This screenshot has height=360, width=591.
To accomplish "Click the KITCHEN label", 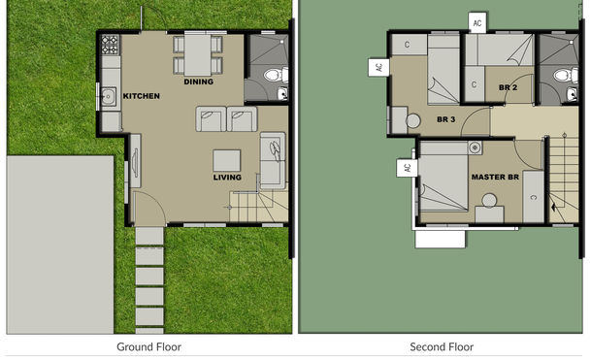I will [x=141, y=95].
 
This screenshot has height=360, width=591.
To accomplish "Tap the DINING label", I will [x=198, y=82].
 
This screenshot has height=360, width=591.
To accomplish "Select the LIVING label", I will [x=227, y=178].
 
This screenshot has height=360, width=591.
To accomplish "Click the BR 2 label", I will [x=507, y=87].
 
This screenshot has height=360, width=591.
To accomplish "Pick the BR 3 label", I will [x=446, y=119].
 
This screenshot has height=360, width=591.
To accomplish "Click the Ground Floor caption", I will [x=148, y=346].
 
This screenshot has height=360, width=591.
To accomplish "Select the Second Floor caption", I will [x=442, y=346].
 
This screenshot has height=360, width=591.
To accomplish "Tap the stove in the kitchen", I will [x=111, y=45].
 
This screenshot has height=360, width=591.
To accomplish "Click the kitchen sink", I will [x=109, y=95].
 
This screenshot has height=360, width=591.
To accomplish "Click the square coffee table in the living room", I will [x=227, y=160].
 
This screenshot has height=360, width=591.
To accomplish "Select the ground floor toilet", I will [x=273, y=74].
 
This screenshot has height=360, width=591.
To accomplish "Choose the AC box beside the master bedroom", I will [x=405, y=168].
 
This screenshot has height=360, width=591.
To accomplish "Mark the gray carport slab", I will [x=60, y=244].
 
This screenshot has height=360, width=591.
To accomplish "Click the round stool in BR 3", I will [x=413, y=120].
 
